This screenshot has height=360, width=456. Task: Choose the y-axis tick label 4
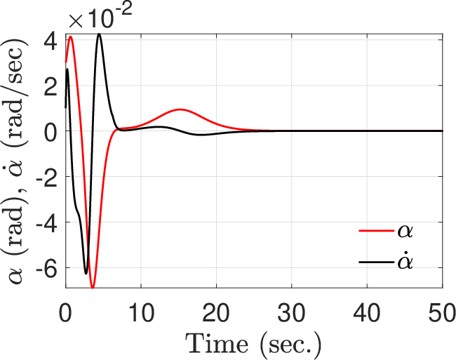[50, 40]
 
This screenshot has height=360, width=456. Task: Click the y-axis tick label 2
[50, 86]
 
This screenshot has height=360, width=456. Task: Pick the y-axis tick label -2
[46, 177]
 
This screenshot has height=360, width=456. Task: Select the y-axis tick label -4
[46, 222]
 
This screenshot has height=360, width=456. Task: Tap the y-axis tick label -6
[46, 267]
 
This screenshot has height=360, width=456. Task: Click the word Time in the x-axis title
[217, 344]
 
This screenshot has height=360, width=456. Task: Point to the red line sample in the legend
[376, 231]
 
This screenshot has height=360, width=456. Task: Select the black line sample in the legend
[376, 262]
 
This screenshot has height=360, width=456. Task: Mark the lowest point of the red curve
[93, 288]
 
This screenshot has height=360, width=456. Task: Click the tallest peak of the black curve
[100, 34]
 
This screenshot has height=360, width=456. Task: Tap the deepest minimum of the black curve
[86, 274]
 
